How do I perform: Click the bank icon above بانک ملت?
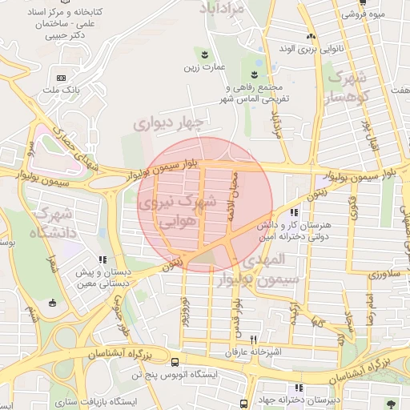[62, 78]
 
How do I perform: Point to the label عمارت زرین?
[202, 70]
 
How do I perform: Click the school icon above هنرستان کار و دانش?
[294, 213]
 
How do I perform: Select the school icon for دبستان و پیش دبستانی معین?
[102, 259]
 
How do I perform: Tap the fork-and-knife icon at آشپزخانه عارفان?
[254, 339]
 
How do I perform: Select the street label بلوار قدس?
[239, 309]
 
